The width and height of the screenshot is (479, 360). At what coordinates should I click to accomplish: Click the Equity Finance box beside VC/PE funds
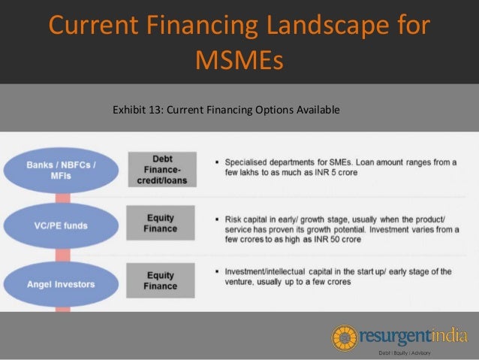(161, 224)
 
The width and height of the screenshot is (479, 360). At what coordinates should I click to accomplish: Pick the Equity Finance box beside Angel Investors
(161, 280)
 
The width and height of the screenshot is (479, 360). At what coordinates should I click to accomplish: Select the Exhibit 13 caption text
(226, 110)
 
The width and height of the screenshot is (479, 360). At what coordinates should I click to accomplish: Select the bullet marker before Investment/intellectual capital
(216, 271)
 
